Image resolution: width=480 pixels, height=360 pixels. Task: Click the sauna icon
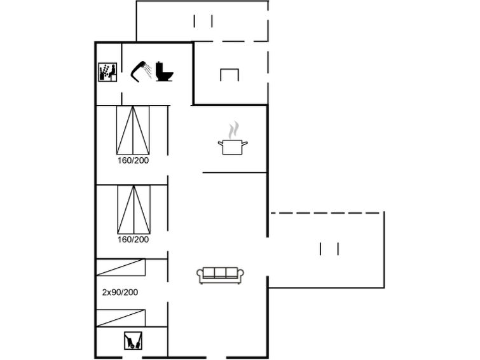point(107,73)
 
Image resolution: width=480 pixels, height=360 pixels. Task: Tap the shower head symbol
point(141,72)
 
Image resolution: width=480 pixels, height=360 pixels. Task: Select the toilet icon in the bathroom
point(164,72)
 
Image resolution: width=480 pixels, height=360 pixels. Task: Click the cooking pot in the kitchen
point(233,147)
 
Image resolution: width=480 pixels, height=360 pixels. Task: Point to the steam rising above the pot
point(233,130)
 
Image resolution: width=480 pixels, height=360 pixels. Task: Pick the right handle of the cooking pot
point(245,142)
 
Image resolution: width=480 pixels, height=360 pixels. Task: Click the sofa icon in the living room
point(220,275)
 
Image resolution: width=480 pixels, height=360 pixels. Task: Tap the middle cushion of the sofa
point(220,272)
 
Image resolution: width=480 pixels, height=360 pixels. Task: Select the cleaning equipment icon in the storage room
point(133,340)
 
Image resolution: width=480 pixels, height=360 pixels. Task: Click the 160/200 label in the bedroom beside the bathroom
point(133,160)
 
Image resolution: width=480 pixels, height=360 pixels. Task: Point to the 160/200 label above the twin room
point(133,240)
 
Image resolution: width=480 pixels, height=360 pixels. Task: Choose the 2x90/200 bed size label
point(120,293)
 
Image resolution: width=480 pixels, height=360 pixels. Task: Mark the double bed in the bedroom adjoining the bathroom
point(133,130)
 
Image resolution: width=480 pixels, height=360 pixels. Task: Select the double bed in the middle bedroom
point(134,209)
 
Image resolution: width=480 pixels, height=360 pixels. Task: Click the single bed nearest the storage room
point(121,318)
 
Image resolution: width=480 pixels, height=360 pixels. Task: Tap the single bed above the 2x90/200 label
point(121,268)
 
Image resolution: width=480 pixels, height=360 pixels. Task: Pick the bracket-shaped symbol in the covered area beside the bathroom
point(230,75)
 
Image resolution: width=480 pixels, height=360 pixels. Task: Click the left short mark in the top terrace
point(195,21)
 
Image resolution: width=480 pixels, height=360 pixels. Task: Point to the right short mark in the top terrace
point(212,21)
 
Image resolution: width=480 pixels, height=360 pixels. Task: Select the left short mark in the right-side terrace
point(320,249)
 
